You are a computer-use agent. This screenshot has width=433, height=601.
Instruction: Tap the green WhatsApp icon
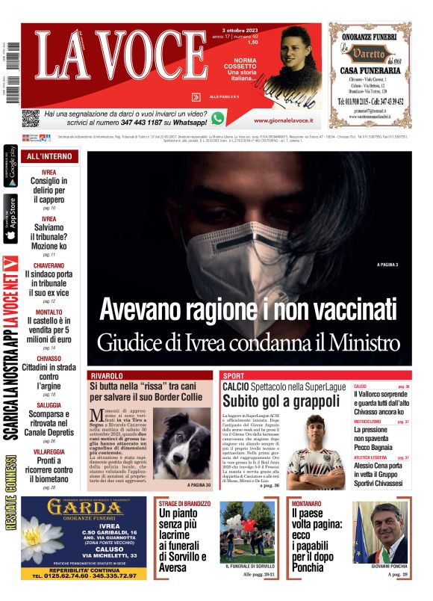(217, 118)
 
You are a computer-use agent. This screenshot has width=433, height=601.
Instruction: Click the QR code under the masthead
(30, 117)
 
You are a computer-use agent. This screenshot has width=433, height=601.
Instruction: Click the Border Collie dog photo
(181, 444)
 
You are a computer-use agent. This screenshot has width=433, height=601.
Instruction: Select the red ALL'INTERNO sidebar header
(49, 156)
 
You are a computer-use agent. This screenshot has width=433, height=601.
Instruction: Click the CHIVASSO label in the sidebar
(49, 358)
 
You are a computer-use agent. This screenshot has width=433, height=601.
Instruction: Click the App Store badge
(10, 219)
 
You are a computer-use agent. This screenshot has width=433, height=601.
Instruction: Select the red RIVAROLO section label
(107, 375)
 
